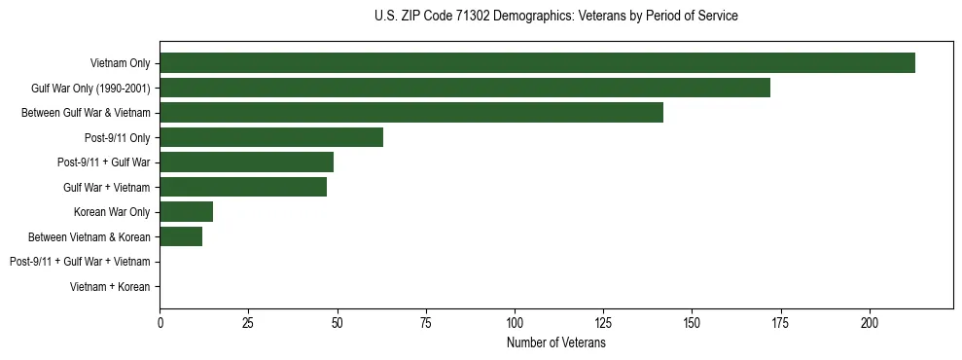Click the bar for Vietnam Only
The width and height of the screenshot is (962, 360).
click(x=537, y=63)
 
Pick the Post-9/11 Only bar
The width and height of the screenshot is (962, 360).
click(x=271, y=137)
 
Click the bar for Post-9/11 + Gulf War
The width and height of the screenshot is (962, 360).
click(x=247, y=162)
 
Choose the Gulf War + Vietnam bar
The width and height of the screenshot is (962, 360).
click(x=243, y=187)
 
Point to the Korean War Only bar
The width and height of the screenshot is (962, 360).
click(x=187, y=212)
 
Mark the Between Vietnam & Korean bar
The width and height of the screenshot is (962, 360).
click(x=181, y=236)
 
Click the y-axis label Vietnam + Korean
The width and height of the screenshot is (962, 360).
click(x=110, y=287)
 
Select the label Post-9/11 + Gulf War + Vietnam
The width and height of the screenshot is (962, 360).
click(x=80, y=262)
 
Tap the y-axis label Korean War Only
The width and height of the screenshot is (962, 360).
click(x=112, y=212)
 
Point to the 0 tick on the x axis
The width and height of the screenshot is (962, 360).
click(x=160, y=322)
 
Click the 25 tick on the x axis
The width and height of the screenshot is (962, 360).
click(x=249, y=322)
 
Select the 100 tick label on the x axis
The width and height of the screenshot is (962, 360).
click(x=515, y=322)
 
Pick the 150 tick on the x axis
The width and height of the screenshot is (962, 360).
click(x=692, y=322)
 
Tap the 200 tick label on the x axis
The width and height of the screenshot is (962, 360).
click(x=870, y=322)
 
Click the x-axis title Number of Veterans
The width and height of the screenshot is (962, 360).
click(x=556, y=342)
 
